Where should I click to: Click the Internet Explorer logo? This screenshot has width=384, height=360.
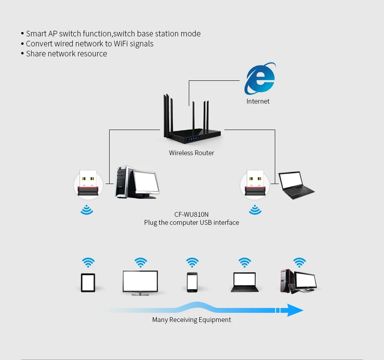260,78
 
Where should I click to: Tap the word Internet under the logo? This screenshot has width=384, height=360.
258,102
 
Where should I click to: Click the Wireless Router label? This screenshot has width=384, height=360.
192,153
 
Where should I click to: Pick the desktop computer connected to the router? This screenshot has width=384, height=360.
137,182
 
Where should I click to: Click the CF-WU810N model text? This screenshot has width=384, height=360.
192,214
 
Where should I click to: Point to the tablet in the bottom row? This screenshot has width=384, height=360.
88,282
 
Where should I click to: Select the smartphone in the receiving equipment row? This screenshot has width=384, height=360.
192,282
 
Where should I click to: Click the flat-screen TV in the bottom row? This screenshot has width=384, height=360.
140,282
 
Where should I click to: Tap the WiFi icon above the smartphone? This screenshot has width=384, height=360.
192,263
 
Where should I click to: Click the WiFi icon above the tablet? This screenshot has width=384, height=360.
88,263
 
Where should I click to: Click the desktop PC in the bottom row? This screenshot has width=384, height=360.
298,282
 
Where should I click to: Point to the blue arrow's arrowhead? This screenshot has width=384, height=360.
295,310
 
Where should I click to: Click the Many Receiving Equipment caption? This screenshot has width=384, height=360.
192,320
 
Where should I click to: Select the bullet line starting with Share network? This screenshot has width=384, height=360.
66,54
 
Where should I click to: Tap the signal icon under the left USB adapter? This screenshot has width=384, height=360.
87,210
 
